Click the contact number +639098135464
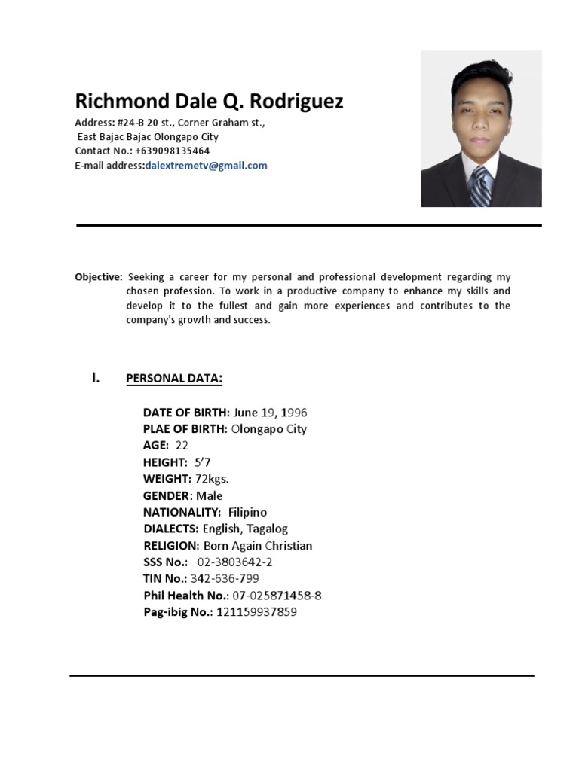click(173, 151)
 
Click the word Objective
click(98, 277)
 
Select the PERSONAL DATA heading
click(174, 378)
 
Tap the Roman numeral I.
click(96, 377)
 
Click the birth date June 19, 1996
click(270, 413)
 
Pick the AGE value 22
click(182, 446)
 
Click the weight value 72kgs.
click(212, 479)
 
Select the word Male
click(210, 495)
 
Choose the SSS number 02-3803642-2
click(235, 562)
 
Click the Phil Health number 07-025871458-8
click(277, 596)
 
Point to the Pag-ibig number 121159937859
click(257, 612)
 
